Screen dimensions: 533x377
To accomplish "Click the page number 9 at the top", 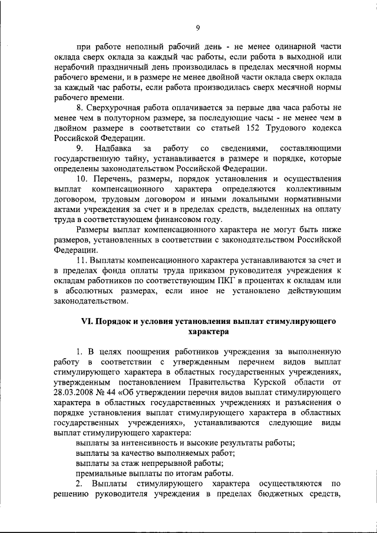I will coord(198,27).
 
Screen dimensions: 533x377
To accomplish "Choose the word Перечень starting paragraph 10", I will coord(113,178).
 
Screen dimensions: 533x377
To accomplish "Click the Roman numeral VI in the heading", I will coord(87,322).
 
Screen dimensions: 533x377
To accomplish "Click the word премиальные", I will coord(102,474).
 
